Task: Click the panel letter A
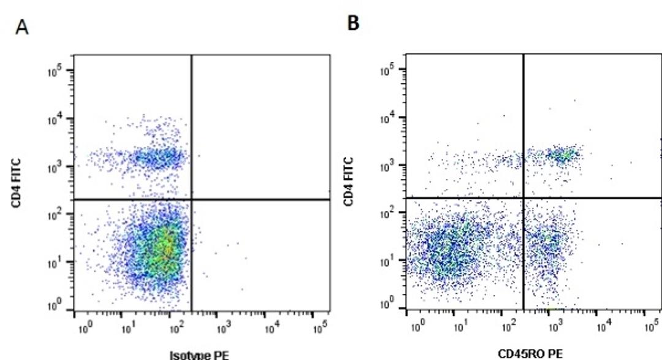tap(23, 29)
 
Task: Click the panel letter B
tap(354, 23)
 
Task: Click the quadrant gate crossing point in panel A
tap(192, 199)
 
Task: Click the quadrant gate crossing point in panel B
tap(523, 197)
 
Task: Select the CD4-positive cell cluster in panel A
tap(156, 158)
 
